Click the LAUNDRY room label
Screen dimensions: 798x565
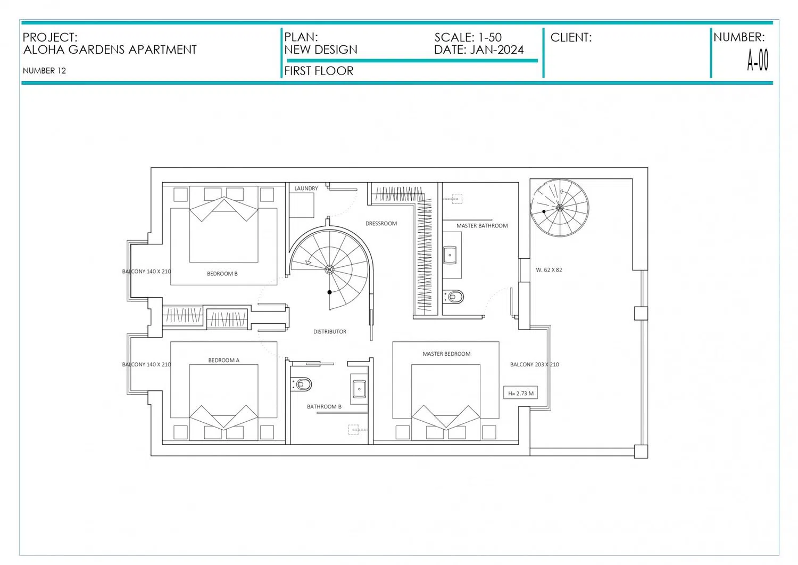coord(306,189)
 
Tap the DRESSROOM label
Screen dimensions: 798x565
coord(381,224)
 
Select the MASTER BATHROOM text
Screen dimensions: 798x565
coord(482,226)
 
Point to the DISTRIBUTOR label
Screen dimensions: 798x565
coord(330,332)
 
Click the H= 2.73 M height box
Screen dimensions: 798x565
coord(520,393)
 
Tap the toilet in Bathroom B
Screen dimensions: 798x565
coord(302,384)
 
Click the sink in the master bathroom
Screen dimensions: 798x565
coord(450,255)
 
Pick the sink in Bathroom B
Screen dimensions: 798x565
coord(359,389)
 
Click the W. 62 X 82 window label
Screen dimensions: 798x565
coord(549,270)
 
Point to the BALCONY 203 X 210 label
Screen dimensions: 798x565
coord(534,365)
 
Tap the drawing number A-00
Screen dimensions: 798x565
coord(758,60)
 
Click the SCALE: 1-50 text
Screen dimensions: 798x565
coord(468,37)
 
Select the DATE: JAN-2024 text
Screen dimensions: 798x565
coord(479,50)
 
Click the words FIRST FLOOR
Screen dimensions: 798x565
coord(319,71)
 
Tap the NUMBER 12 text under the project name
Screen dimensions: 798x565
coord(44,71)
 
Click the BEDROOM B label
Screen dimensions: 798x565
coord(222,274)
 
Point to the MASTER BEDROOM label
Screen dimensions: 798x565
coord(446,354)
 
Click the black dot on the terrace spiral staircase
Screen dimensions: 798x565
coord(544,211)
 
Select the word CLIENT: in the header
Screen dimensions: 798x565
coord(571,37)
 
